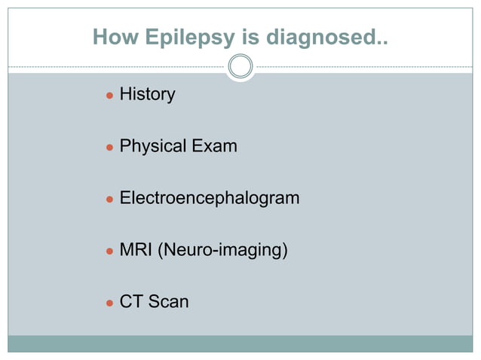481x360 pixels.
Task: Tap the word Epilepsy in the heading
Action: pyautogui.click(x=179, y=38)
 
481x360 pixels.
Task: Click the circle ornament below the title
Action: pyautogui.click(x=240, y=67)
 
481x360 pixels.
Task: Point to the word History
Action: pyautogui.click(x=148, y=95)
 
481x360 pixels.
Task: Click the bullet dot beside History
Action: pyautogui.click(x=109, y=96)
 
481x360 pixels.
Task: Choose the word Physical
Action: pyautogui.click(x=153, y=146)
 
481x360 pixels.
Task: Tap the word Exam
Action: pyautogui.click(x=214, y=145)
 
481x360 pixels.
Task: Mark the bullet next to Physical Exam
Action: pyautogui.click(x=109, y=147)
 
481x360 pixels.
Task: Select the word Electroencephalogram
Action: pyautogui.click(x=210, y=198)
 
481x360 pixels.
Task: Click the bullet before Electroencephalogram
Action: pyautogui.click(x=109, y=199)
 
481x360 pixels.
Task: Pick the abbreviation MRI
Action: pyautogui.click(x=136, y=249)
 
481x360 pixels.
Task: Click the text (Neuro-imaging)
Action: pyautogui.click(x=222, y=250)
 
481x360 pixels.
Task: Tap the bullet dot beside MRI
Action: pyautogui.click(x=109, y=251)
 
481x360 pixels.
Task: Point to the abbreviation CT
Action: pyautogui.click(x=131, y=302)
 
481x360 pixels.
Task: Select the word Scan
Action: pyautogui.click(x=168, y=302)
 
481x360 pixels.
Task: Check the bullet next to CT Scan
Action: pyautogui.click(x=109, y=303)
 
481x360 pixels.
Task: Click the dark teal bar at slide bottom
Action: pyautogui.click(x=240, y=344)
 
